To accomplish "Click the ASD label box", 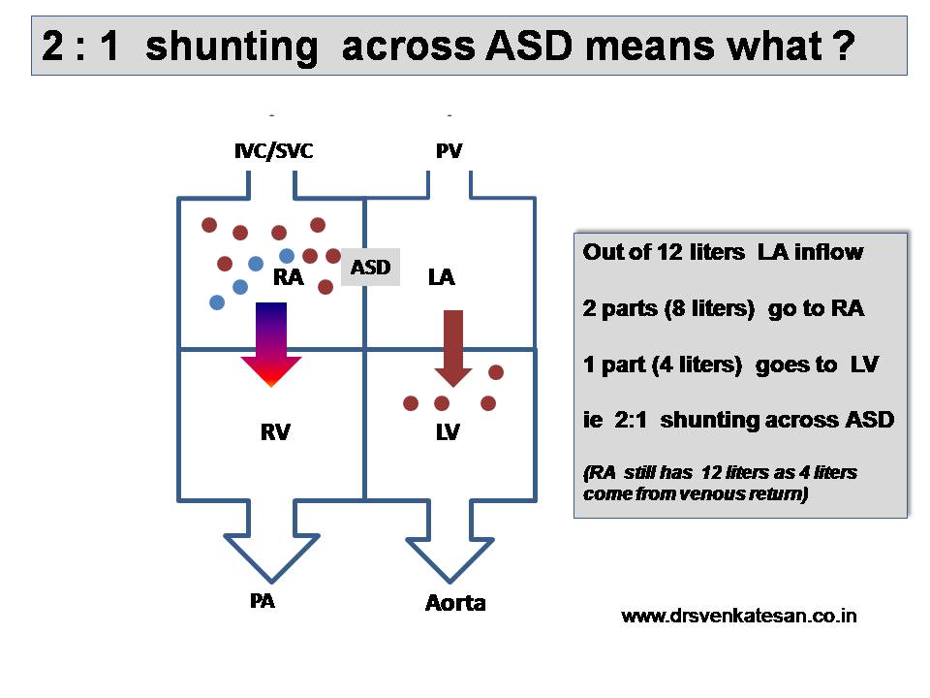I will tap(370, 268).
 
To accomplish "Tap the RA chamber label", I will tap(289, 278).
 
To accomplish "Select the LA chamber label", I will tap(441, 278).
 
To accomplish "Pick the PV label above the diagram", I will tap(449, 151).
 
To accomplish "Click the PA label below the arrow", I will tap(262, 601).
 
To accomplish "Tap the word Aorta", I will tap(455, 603).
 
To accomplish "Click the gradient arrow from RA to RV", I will tap(271, 344).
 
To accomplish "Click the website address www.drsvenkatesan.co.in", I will tap(738, 616).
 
